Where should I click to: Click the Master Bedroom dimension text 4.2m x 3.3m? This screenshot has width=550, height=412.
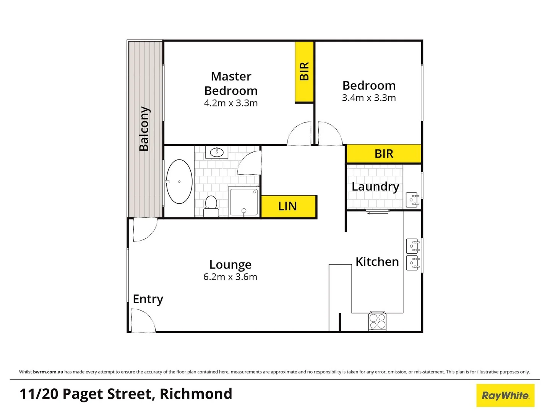point(231,103)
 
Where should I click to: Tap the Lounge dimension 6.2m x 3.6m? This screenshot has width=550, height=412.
point(230,277)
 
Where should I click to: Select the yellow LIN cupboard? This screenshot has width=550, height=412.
point(289,206)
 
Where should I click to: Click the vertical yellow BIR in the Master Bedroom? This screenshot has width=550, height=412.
point(304,72)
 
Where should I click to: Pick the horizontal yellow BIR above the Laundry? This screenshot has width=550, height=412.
point(384,154)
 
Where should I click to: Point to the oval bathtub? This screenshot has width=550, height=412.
point(179,182)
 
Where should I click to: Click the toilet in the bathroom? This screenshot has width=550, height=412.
point(211,206)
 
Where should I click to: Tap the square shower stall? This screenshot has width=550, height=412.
point(244,201)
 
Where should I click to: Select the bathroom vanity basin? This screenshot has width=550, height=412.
point(217,152)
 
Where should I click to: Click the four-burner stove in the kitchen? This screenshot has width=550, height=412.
point(378,321)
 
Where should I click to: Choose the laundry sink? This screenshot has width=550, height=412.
point(412,200)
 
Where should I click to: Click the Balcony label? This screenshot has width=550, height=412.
point(144,129)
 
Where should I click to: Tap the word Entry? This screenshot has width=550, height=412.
point(148,299)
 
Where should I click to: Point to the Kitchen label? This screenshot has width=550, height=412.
point(377,262)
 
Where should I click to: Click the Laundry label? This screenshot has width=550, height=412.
point(375,187)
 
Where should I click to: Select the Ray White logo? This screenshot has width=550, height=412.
point(505,395)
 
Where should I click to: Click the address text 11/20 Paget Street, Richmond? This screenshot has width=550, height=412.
point(126,394)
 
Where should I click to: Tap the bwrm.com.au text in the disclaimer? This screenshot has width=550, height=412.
point(48,372)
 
